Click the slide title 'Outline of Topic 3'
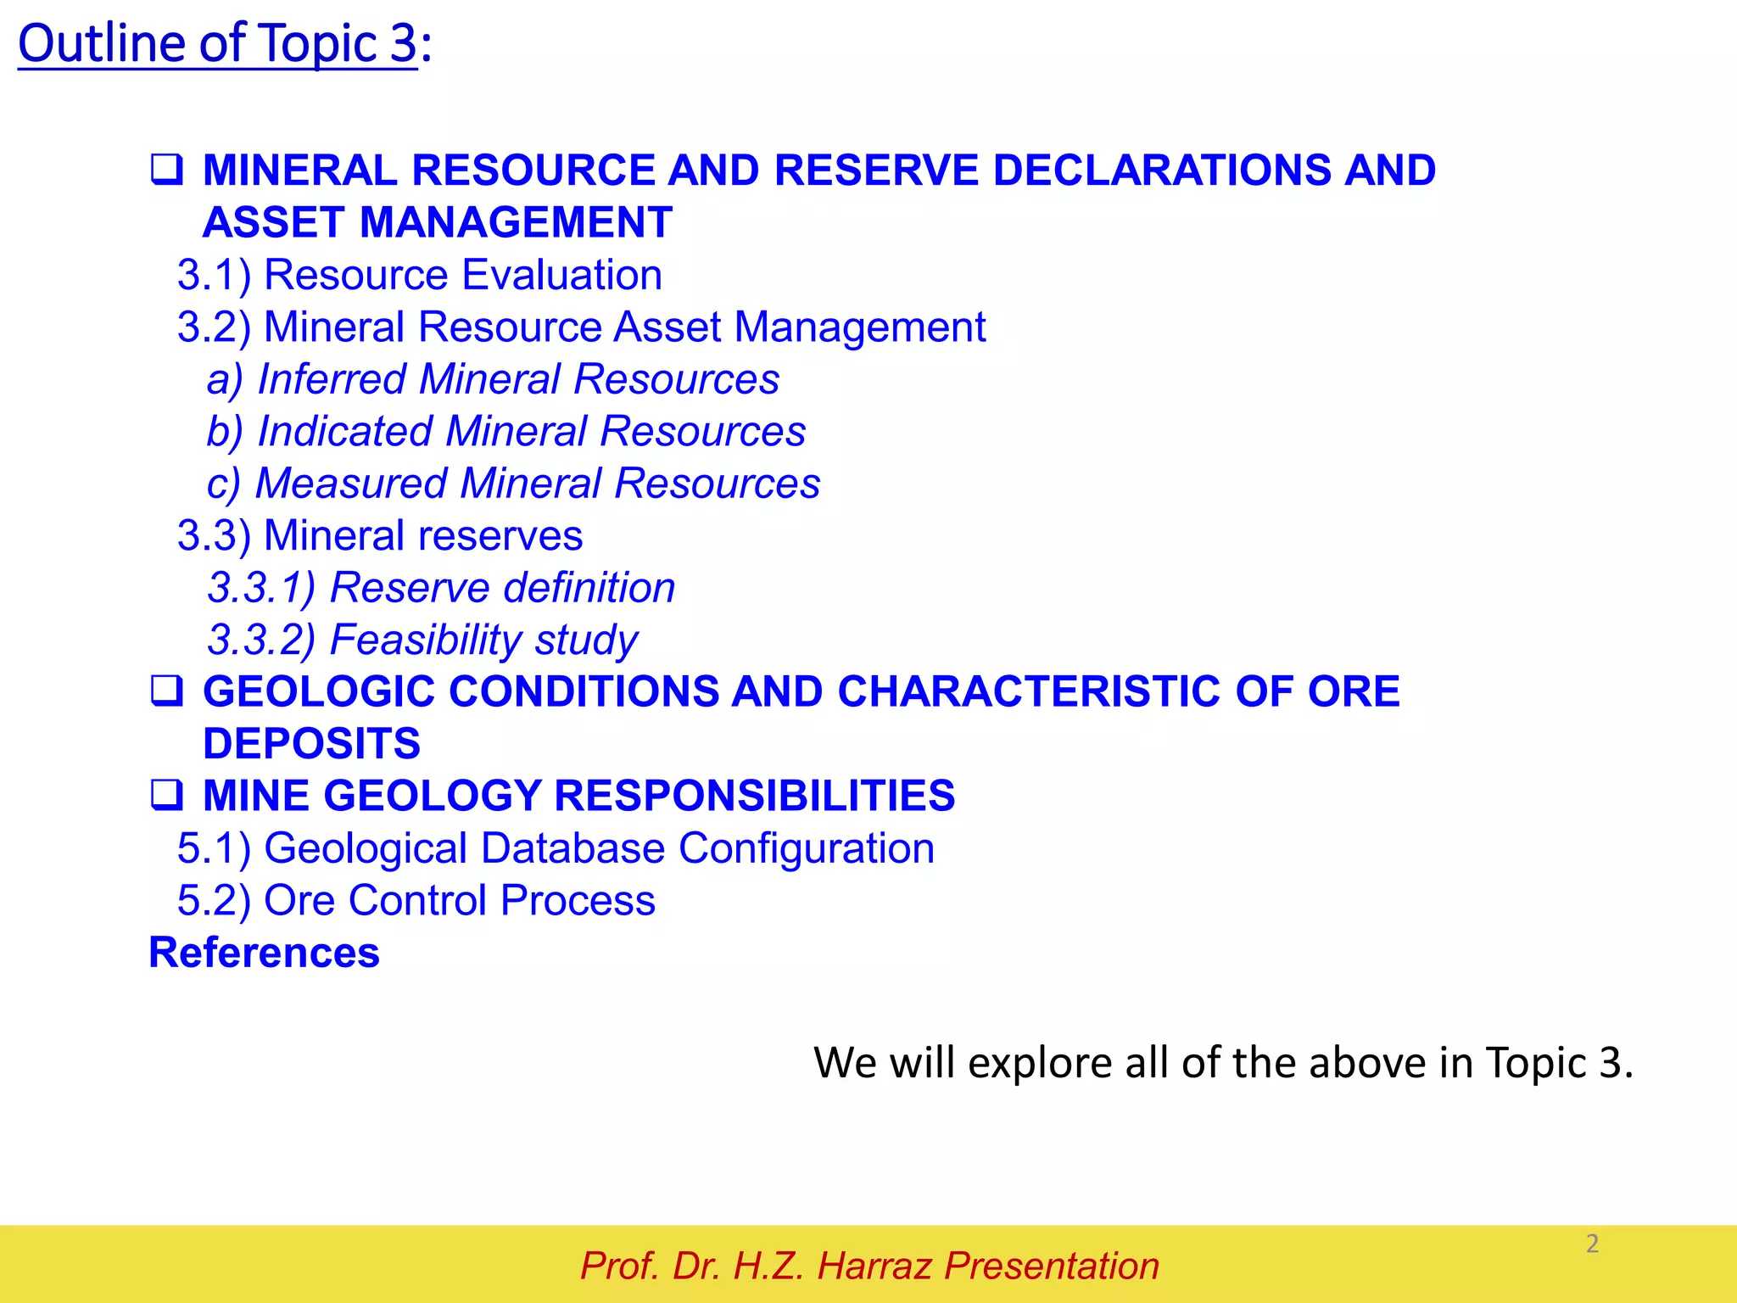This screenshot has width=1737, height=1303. coord(218,44)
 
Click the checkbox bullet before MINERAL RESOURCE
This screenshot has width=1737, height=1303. coord(166,170)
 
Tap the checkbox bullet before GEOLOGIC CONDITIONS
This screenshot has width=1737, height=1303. coord(166,691)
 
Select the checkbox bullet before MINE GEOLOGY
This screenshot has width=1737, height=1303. coord(166,796)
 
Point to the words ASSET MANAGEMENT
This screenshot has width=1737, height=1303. coord(438,223)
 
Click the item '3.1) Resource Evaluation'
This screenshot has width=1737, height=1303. coord(420,276)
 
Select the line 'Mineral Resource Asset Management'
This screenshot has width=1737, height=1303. coord(624,327)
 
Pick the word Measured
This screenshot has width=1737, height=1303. coord(350,484)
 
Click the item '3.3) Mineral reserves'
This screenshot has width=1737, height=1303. coord(380,536)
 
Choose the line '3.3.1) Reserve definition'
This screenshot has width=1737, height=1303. coord(441,588)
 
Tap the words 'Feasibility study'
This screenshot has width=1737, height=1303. coord(483,640)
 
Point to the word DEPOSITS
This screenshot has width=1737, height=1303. coord(311,744)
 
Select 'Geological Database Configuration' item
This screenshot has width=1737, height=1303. coord(599,848)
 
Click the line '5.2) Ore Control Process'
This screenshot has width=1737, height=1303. coord(416,901)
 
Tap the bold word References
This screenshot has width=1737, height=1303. coord(264,953)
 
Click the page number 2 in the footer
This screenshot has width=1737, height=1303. coord(1592,1244)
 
